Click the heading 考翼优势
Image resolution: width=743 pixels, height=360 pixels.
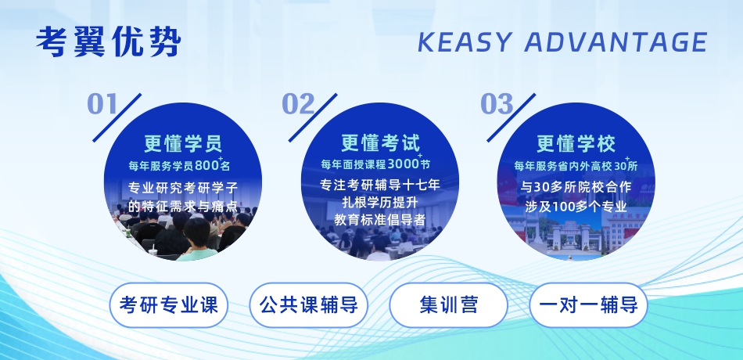click(109, 41)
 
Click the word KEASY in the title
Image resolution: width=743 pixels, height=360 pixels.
click(465, 41)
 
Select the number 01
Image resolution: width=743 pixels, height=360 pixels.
click(102, 104)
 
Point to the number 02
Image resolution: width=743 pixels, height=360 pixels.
click(299, 104)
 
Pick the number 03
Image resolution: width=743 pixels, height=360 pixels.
click(497, 104)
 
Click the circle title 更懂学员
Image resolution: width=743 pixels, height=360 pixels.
click(183, 143)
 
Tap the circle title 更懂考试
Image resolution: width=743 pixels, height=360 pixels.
click(381, 142)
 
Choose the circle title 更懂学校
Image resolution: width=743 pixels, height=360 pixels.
click(576, 143)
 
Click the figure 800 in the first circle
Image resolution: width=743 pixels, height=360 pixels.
click(206, 166)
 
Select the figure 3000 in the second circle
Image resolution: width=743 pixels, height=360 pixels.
click(404, 164)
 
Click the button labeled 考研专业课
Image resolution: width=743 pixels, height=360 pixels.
click(169, 305)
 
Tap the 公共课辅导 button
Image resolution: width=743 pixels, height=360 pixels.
click(308, 305)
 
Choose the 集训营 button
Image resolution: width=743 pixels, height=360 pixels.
click(448, 305)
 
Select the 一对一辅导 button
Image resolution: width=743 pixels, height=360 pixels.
click(588, 305)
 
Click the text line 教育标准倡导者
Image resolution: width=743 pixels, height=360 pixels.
click(380, 220)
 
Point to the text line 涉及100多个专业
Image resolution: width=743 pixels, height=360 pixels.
click(576, 207)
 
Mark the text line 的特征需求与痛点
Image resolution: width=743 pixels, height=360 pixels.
click(183, 207)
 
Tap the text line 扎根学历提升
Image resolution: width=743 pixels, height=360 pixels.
click(380, 202)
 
